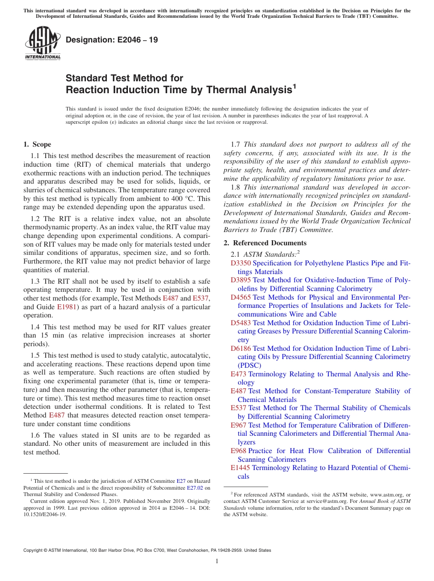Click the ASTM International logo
click(x=42, y=43)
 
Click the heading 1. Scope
click(x=37, y=144)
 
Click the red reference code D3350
click(x=241, y=263)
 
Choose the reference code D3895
click(x=241, y=280)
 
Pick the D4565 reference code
click(x=241, y=297)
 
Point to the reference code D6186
click(x=241, y=349)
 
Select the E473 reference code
click(x=238, y=374)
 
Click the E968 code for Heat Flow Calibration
click(x=238, y=451)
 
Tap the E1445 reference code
click(x=240, y=468)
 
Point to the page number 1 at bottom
click(x=217, y=561)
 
